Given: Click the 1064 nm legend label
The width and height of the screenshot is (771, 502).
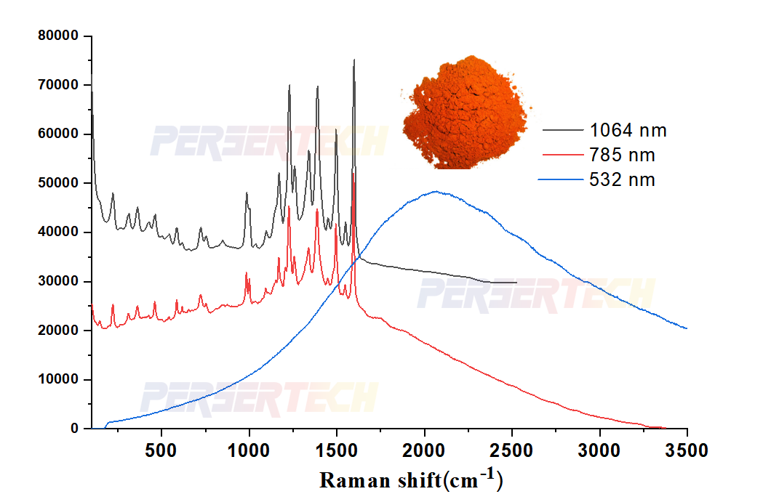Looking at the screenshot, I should (x=628, y=131).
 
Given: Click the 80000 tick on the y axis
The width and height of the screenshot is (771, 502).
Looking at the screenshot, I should (x=60, y=36).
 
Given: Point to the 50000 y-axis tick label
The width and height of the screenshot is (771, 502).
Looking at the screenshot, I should (x=60, y=183).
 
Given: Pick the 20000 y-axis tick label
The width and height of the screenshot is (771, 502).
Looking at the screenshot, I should (x=60, y=331).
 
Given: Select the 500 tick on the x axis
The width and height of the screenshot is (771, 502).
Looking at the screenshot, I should (x=161, y=450).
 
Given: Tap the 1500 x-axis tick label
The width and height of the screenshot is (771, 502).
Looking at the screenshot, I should (x=337, y=450).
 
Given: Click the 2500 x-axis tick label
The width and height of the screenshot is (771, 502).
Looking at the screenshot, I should (x=512, y=450).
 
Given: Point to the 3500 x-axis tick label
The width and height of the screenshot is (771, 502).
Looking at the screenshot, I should (x=687, y=450).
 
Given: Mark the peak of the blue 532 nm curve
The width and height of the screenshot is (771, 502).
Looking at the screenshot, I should (x=435, y=192).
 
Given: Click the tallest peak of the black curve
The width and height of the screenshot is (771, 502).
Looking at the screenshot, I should (x=354, y=60).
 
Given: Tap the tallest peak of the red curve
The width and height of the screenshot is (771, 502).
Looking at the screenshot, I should (x=353, y=174).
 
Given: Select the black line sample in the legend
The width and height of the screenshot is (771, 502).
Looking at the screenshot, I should (x=563, y=131).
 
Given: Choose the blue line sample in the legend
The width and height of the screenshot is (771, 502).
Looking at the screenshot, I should (x=563, y=179).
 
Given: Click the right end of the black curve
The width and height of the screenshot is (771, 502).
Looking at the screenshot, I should (x=516, y=283).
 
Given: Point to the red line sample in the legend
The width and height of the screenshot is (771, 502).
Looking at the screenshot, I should (x=563, y=155).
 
